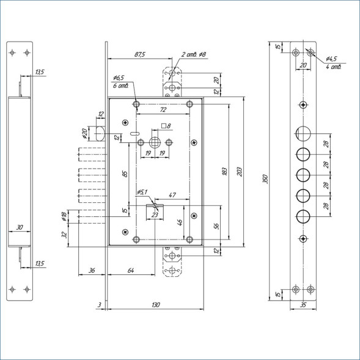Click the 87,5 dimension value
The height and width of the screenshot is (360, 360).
(140, 54)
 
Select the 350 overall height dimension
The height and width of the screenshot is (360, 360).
(265, 179)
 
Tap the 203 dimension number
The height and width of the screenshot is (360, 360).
(240, 172)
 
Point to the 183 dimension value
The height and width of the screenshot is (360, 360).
(224, 172)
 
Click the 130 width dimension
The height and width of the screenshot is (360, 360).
(156, 304)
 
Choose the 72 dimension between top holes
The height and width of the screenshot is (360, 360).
(163, 110)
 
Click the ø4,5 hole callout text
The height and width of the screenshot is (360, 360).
(331, 59)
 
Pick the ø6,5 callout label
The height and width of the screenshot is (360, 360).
(119, 78)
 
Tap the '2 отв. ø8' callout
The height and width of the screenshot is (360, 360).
(194, 54)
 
